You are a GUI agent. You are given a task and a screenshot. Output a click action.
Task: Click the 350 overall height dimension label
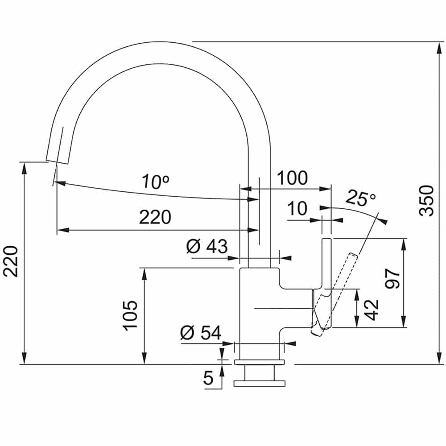[x=426, y=201]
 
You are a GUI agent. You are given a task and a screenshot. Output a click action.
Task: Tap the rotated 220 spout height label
[x=11, y=261]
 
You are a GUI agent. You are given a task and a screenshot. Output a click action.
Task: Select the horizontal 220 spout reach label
[x=155, y=217]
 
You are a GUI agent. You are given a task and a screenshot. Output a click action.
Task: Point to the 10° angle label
[x=156, y=182]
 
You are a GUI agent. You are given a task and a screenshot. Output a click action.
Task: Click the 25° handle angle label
[x=361, y=198]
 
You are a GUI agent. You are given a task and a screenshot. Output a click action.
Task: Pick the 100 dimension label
[x=293, y=178]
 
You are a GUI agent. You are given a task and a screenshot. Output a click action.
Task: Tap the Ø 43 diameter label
[x=207, y=246]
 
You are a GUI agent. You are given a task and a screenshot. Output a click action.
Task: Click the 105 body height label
[x=130, y=315]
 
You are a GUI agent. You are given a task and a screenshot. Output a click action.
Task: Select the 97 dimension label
[x=392, y=279]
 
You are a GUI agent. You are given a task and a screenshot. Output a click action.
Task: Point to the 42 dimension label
[x=372, y=310]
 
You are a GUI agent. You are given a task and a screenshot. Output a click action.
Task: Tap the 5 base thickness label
[x=208, y=378]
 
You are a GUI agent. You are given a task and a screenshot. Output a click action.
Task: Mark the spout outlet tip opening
[x=57, y=161]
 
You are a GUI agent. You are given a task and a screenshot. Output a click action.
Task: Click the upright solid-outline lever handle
[x=326, y=283]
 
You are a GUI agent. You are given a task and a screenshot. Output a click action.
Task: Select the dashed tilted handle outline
[x=334, y=294]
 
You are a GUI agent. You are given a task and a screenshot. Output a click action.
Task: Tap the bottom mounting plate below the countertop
[x=259, y=384]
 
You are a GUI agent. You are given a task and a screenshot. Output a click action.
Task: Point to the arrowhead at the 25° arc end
[x=384, y=220]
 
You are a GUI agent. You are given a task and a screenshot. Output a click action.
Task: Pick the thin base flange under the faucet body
[x=259, y=362]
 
